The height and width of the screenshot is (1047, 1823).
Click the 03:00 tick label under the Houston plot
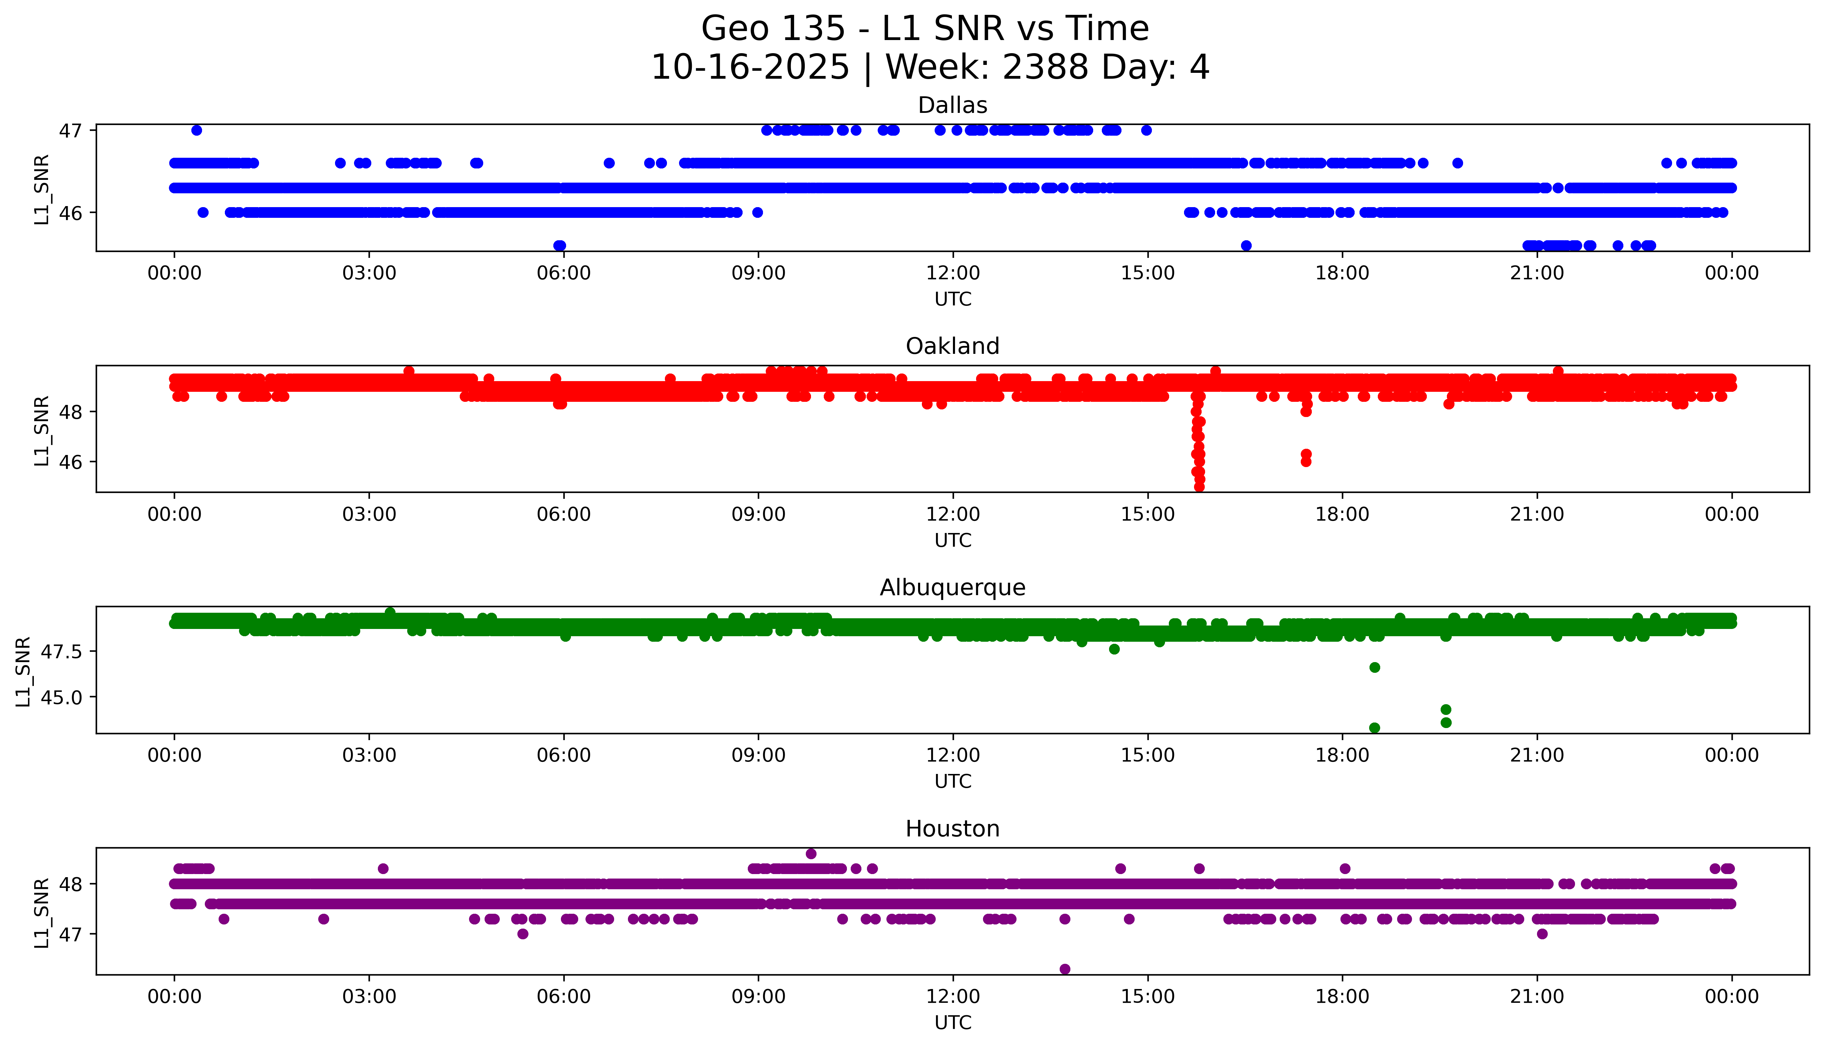pos(369,997)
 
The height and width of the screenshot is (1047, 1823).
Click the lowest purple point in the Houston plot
pos(1065,969)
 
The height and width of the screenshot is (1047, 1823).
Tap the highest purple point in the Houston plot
pos(811,854)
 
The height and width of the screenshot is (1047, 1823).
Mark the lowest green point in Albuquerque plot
pos(1374,728)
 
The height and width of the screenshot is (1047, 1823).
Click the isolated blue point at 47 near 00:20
pos(197,130)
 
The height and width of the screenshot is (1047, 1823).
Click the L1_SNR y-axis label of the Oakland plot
pos(42,430)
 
